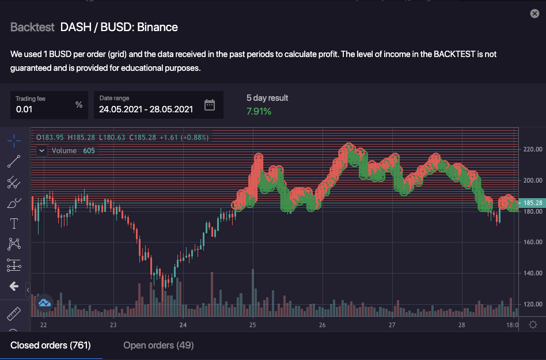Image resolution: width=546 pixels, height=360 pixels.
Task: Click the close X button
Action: click(534, 13)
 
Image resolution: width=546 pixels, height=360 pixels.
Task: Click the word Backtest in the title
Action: click(32, 27)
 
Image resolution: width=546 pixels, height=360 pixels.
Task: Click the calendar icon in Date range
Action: click(210, 105)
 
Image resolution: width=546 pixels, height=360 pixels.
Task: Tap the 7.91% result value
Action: click(259, 111)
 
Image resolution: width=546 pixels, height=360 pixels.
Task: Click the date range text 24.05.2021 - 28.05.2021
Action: click(146, 109)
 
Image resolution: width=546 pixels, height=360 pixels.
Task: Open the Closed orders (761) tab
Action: click(51, 345)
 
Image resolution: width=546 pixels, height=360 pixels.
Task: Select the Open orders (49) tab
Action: click(158, 345)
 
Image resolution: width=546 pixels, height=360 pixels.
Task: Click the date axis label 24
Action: click(183, 325)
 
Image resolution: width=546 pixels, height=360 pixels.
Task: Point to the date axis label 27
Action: click(392, 325)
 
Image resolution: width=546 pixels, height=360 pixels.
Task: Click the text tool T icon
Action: click(14, 223)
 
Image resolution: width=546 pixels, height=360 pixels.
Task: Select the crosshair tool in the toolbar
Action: click(14, 140)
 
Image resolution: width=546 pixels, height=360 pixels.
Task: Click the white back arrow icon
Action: click(14, 286)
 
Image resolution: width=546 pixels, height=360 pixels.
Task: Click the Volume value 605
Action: click(89, 150)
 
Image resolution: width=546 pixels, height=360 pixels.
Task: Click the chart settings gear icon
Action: click(533, 324)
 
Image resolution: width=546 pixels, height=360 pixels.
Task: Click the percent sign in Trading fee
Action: click(79, 104)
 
